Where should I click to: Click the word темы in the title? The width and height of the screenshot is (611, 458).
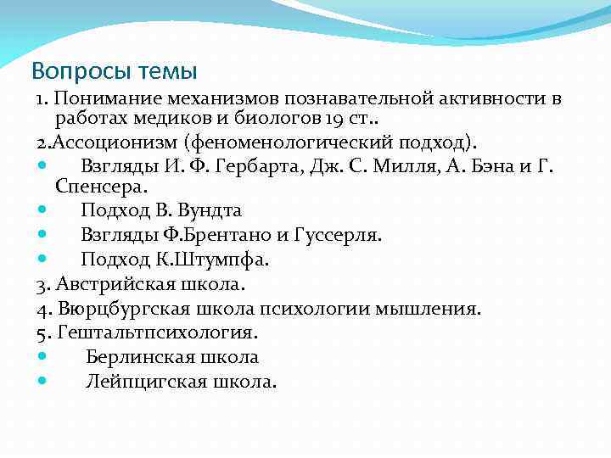click(164, 68)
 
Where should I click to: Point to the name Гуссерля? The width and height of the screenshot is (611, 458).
click(337, 234)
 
